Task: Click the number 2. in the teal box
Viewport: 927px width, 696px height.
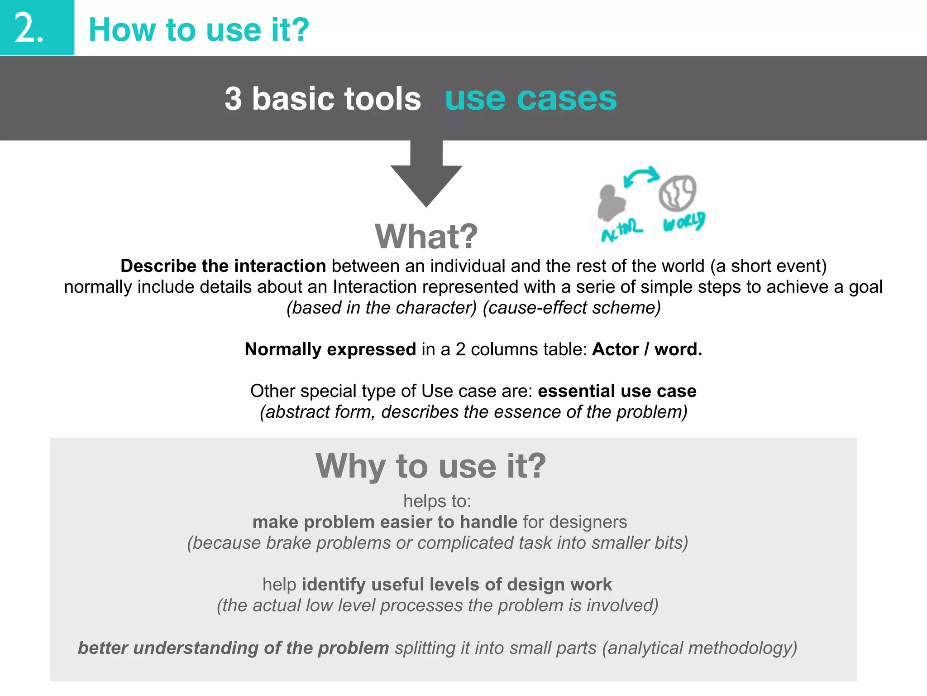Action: [x=29, y=29]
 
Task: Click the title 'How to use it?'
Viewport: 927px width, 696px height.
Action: [x=199, y=30]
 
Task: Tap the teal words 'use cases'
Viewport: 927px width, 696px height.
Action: [x=530, y=98]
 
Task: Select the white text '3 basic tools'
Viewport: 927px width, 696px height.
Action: [x=323, y=99]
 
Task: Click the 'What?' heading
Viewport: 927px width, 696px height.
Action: [x=426, y=237]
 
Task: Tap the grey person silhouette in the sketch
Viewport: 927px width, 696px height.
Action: [x=611, y=202]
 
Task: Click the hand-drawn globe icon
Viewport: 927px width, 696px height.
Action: [x=677, y=193]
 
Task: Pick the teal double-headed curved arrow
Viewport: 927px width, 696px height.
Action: [x=641, y=175]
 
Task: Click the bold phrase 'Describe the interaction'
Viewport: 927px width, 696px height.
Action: [x=223, y=266]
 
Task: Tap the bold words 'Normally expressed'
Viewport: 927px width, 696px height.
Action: [x=330, y=349]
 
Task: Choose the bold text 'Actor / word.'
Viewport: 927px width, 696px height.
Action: [x=647, y=349]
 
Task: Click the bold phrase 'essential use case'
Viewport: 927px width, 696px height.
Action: [x=616, y=391]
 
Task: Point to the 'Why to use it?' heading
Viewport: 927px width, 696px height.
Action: [x=430, y=466]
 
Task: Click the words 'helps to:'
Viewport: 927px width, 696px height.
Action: [x=437, y=501]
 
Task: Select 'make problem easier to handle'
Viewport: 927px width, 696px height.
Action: [x=385, y=522]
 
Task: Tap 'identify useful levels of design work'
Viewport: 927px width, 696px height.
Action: [x=456, y=585]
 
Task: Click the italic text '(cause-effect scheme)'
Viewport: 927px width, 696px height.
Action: [x=572, y=308]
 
